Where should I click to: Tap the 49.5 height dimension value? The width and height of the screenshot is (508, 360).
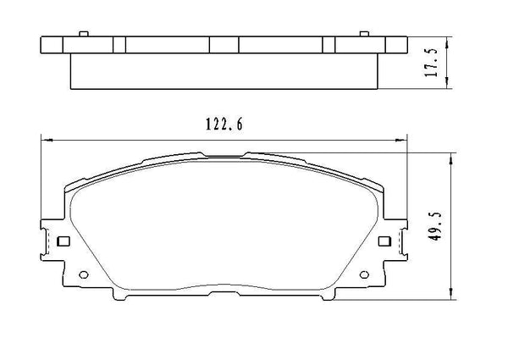435,227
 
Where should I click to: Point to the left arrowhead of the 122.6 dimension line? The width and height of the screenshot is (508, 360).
46,140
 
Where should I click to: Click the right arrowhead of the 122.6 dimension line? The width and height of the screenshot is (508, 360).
400,140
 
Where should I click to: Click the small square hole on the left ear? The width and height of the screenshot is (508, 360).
61,241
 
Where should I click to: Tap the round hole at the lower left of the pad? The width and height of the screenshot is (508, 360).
82,274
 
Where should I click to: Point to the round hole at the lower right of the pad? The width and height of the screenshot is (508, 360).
364,274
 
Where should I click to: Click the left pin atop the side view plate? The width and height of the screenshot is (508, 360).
82,34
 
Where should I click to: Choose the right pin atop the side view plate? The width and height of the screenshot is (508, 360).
363,34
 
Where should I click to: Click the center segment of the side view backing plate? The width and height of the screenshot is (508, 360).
224,46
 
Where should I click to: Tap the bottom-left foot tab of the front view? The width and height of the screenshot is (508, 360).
119,297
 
